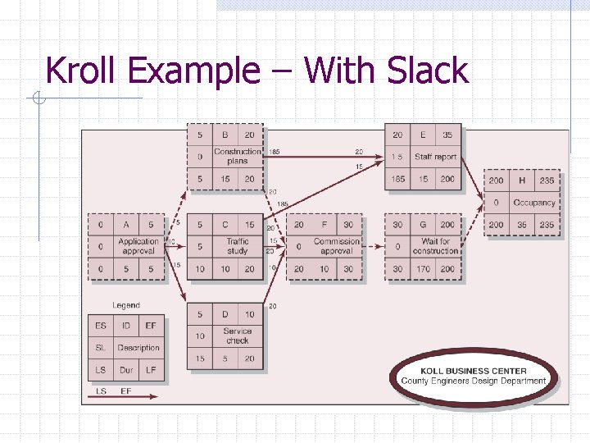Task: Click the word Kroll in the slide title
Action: coord(81,71)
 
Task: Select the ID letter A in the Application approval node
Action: coord(126,224)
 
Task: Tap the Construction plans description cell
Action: coord(237,156)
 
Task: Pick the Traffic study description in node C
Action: coord(237,246)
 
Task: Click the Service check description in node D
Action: coord(237,336)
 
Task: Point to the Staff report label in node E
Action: coord(435,157)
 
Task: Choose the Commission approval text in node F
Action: coord(336,246)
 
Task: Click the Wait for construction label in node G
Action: coord(435,246)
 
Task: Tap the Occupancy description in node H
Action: coord(533,203)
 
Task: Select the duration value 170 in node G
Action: coord(423,269)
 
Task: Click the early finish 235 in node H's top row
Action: coord(547,180)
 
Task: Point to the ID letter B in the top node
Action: coord(225,135)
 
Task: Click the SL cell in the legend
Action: coord(100,348)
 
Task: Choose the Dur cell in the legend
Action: coord(126,370)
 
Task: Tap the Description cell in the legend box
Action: coord(138,348)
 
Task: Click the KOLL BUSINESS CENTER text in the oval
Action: coord(473,371)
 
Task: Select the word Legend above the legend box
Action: coord(126,305)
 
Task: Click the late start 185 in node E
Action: coord(397,179)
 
